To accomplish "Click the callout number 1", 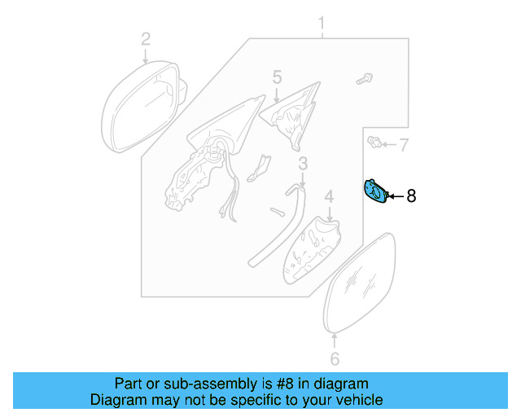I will click(x=322, y=22).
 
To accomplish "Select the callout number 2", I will click(x=146, y=38).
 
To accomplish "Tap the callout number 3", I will click(x=303, y=165).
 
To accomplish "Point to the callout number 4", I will click(x=329, y=196).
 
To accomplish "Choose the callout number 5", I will click(x=277, y=77).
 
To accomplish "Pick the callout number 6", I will click(x=335, y=358).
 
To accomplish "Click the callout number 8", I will click(x=411, y=195).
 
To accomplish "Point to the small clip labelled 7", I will click(x=375, y=144).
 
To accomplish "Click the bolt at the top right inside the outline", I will click(x=363, y=79).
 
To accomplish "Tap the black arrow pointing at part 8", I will click(x=395, y=195).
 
